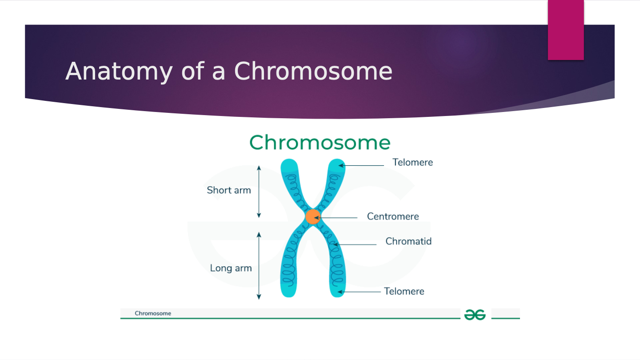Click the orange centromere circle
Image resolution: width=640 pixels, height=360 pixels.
tap(312, 216)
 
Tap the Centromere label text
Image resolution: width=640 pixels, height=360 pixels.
tap(393, 216)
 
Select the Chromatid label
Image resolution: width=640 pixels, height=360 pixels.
tap(408, 241)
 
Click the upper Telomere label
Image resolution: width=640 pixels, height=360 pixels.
tap(412, 162)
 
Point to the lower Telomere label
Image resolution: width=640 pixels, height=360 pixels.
tap(404, 291)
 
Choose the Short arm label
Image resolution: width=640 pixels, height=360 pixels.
tap(229, 190)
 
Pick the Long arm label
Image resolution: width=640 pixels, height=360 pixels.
tap(231, 268)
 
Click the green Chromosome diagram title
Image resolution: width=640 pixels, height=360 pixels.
tap(320, 143)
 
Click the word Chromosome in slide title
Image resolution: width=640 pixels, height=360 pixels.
tap(313, 71)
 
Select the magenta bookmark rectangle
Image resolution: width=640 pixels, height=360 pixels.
tap(565, 29)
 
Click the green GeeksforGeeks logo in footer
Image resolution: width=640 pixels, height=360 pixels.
tap(475, 315)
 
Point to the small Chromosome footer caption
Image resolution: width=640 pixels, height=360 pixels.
tap(153, 313)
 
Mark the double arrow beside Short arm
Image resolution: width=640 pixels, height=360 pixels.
tap(259, 192)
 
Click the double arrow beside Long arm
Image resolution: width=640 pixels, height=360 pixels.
tap(259, 265)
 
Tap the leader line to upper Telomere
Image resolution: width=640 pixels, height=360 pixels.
tap(364, 166)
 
